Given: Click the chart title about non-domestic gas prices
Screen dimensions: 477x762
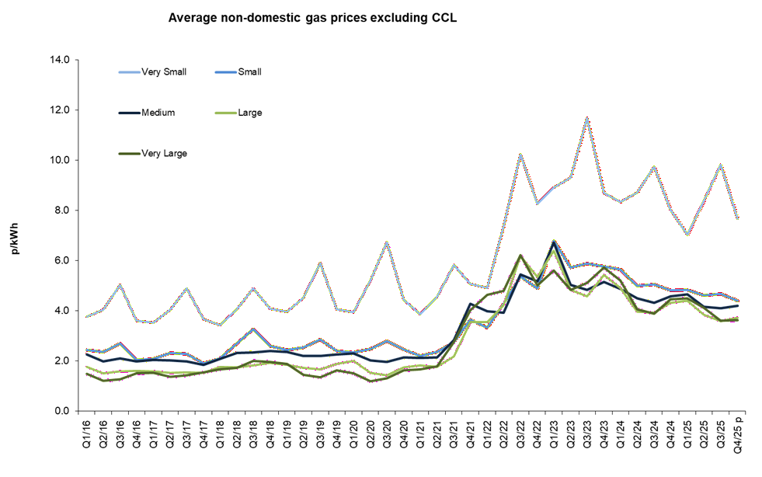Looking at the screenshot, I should (x=312, y=17).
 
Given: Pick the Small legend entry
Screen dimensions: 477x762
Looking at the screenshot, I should (x=249, y=72).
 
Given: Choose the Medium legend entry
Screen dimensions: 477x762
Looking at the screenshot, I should (x=158, y=113).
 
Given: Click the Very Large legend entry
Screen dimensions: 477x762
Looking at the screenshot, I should (x=164, y=153).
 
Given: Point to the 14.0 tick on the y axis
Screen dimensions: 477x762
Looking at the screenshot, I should (x=59, y=60).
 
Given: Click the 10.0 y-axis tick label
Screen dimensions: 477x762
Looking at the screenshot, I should (x=59, y=160).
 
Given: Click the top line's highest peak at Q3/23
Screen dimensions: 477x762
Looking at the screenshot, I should (x=587, y=118).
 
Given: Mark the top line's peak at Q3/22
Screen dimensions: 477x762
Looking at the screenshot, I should (x=520, y=153).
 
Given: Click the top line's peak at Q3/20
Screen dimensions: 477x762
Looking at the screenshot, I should (x=387, y=242).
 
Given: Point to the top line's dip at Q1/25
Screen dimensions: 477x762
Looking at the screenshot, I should (x=687, y=234).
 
